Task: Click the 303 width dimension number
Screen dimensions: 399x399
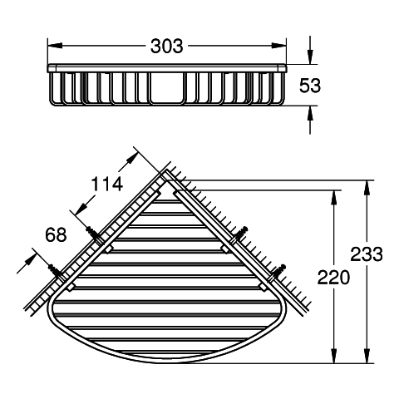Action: click(167, 46)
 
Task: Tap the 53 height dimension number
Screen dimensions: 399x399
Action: click(310, 86)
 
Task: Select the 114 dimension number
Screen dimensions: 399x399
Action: click(107, 184)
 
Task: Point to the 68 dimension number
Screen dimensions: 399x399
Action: click(56, 234)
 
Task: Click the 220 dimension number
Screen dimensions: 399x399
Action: click(333, 278)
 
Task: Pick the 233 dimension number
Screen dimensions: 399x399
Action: click(367, 254)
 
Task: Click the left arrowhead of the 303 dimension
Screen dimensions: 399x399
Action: click(55, 46)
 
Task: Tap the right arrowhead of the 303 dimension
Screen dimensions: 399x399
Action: click(279, 46)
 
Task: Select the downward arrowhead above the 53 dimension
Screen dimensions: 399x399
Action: click(310, 57)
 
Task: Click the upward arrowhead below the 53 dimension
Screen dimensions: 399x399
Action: click(310, 113)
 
